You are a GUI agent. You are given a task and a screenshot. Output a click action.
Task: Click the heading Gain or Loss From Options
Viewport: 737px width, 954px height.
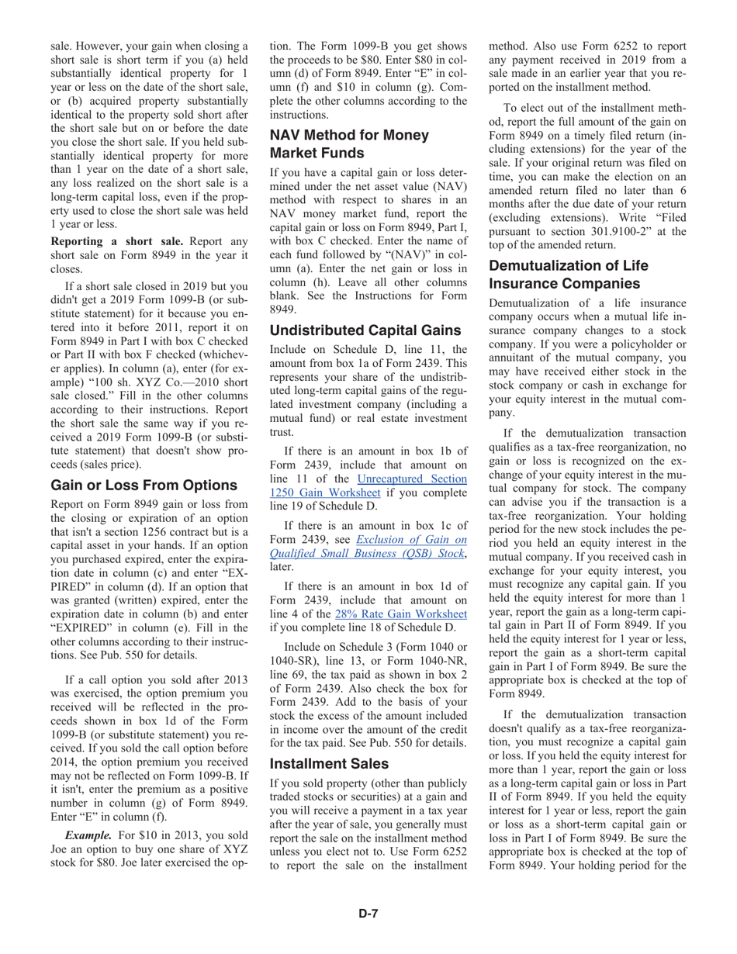144,486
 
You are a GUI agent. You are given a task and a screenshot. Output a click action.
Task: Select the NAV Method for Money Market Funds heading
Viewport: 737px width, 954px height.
348,143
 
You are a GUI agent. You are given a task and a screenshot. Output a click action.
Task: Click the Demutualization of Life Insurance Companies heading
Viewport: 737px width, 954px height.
568,274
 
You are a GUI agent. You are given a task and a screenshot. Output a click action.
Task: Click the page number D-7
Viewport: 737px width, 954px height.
368,913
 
